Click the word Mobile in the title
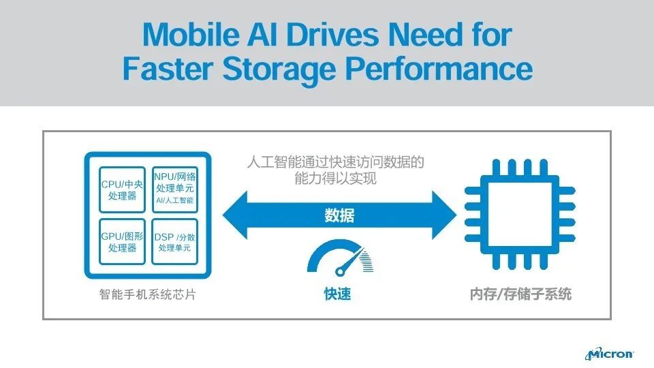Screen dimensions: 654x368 [191, 34]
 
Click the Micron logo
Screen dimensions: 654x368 [609, 354]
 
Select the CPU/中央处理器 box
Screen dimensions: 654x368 [122, 190]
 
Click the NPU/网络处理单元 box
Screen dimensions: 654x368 [175, 190]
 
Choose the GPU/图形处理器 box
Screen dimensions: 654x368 [122, 241]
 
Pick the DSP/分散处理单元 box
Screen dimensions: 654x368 [175, 241]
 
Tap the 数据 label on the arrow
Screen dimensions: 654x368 [339, 215]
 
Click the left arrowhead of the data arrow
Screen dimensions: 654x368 [235, 215]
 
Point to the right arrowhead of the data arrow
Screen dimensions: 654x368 [444, 215]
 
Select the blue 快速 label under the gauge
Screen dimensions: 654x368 [337, 294]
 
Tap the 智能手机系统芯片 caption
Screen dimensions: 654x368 [148, 294]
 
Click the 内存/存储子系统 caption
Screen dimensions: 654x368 [520, 294]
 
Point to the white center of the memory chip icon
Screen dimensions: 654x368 [520, 214]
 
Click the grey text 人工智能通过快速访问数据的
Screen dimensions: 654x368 [335, 162]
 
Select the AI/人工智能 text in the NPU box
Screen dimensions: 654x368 [175, 200]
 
